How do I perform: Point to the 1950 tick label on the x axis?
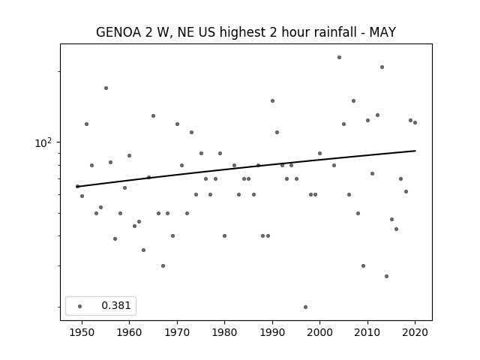pyautogui.click(x=82, y=333)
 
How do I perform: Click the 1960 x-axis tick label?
pyautogui.click(x=129, y=333)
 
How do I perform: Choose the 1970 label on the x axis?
pyautogui.click(x=177, y=333)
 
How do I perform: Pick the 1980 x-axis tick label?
pyautogui.click(x=224, y=333)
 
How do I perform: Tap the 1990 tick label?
pyautogui.click(x=272, y=333)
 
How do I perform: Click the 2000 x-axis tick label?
pyautogui.click(x=319, y=333)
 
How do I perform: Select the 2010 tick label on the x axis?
pyautogui.click(x=367, y=333)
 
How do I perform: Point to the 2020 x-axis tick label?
pyautogui.click(x=415, y=333)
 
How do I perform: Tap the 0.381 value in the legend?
pyautogui.click(x=116, y=305)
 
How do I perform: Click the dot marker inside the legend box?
pyautogui.click(x=79, y=306)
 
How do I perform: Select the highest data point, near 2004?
pyautogui.click(x=339, y=57)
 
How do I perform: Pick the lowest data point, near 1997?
pyautogui.click(x=305, y=307)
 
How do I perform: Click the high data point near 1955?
pyautogui.click(x=106, y=88)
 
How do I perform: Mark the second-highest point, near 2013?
pyautogui.click(x=382, y=67)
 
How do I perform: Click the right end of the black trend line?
pyautogui.click(x=415, y=151)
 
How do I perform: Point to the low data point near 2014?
pyautogui.click(x=386, y=276)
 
